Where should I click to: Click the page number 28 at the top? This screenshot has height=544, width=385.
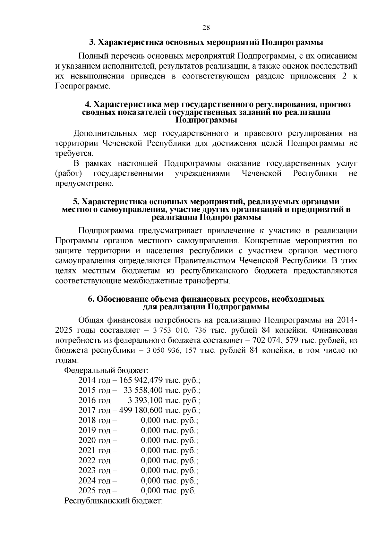click(206, 28)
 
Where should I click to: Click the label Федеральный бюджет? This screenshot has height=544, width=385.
click(106, 370)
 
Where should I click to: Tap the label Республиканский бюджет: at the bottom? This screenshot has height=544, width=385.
click(114, 501)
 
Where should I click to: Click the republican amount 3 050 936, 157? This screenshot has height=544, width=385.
click(171, 350)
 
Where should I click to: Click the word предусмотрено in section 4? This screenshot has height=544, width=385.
click(84, 184)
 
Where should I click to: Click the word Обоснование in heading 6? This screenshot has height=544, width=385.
click(121, 299)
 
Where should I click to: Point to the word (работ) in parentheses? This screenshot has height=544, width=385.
click(68, 173)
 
